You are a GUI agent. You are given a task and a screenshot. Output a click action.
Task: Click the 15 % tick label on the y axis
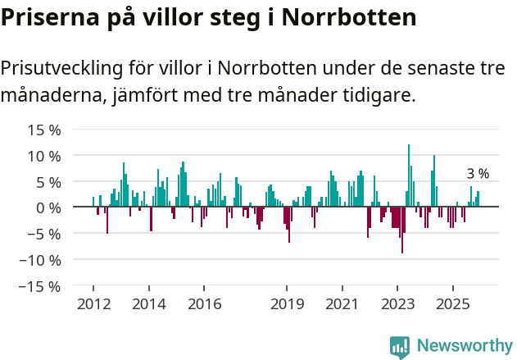pos(44,130)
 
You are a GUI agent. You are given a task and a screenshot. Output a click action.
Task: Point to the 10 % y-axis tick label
pos(44,156)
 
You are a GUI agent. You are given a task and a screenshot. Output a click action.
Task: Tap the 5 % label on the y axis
pos(48,181)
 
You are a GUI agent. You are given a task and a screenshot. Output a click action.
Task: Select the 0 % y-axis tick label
pos(48,207)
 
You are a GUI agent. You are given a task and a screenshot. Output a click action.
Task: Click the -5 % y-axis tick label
pos(44,234)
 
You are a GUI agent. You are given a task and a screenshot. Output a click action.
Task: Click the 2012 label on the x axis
pos(93,304)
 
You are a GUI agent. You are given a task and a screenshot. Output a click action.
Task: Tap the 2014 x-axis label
pos(148,304)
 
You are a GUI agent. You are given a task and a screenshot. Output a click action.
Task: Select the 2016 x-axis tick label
pos(204,304)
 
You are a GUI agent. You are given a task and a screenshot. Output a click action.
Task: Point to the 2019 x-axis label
pos(287,304)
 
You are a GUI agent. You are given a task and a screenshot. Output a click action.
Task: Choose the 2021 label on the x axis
pos(342,304)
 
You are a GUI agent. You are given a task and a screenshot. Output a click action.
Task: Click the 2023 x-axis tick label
pos(397,304)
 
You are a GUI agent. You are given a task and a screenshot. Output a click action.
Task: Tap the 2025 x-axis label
pos(453,304)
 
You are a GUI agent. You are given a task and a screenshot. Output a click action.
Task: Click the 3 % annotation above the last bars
pos(478,174)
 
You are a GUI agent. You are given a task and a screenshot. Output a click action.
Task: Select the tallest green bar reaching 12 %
pos(409,175)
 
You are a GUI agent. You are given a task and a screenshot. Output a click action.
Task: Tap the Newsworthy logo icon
pos(400,346)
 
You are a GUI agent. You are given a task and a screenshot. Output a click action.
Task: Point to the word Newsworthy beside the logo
pos(464,346)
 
